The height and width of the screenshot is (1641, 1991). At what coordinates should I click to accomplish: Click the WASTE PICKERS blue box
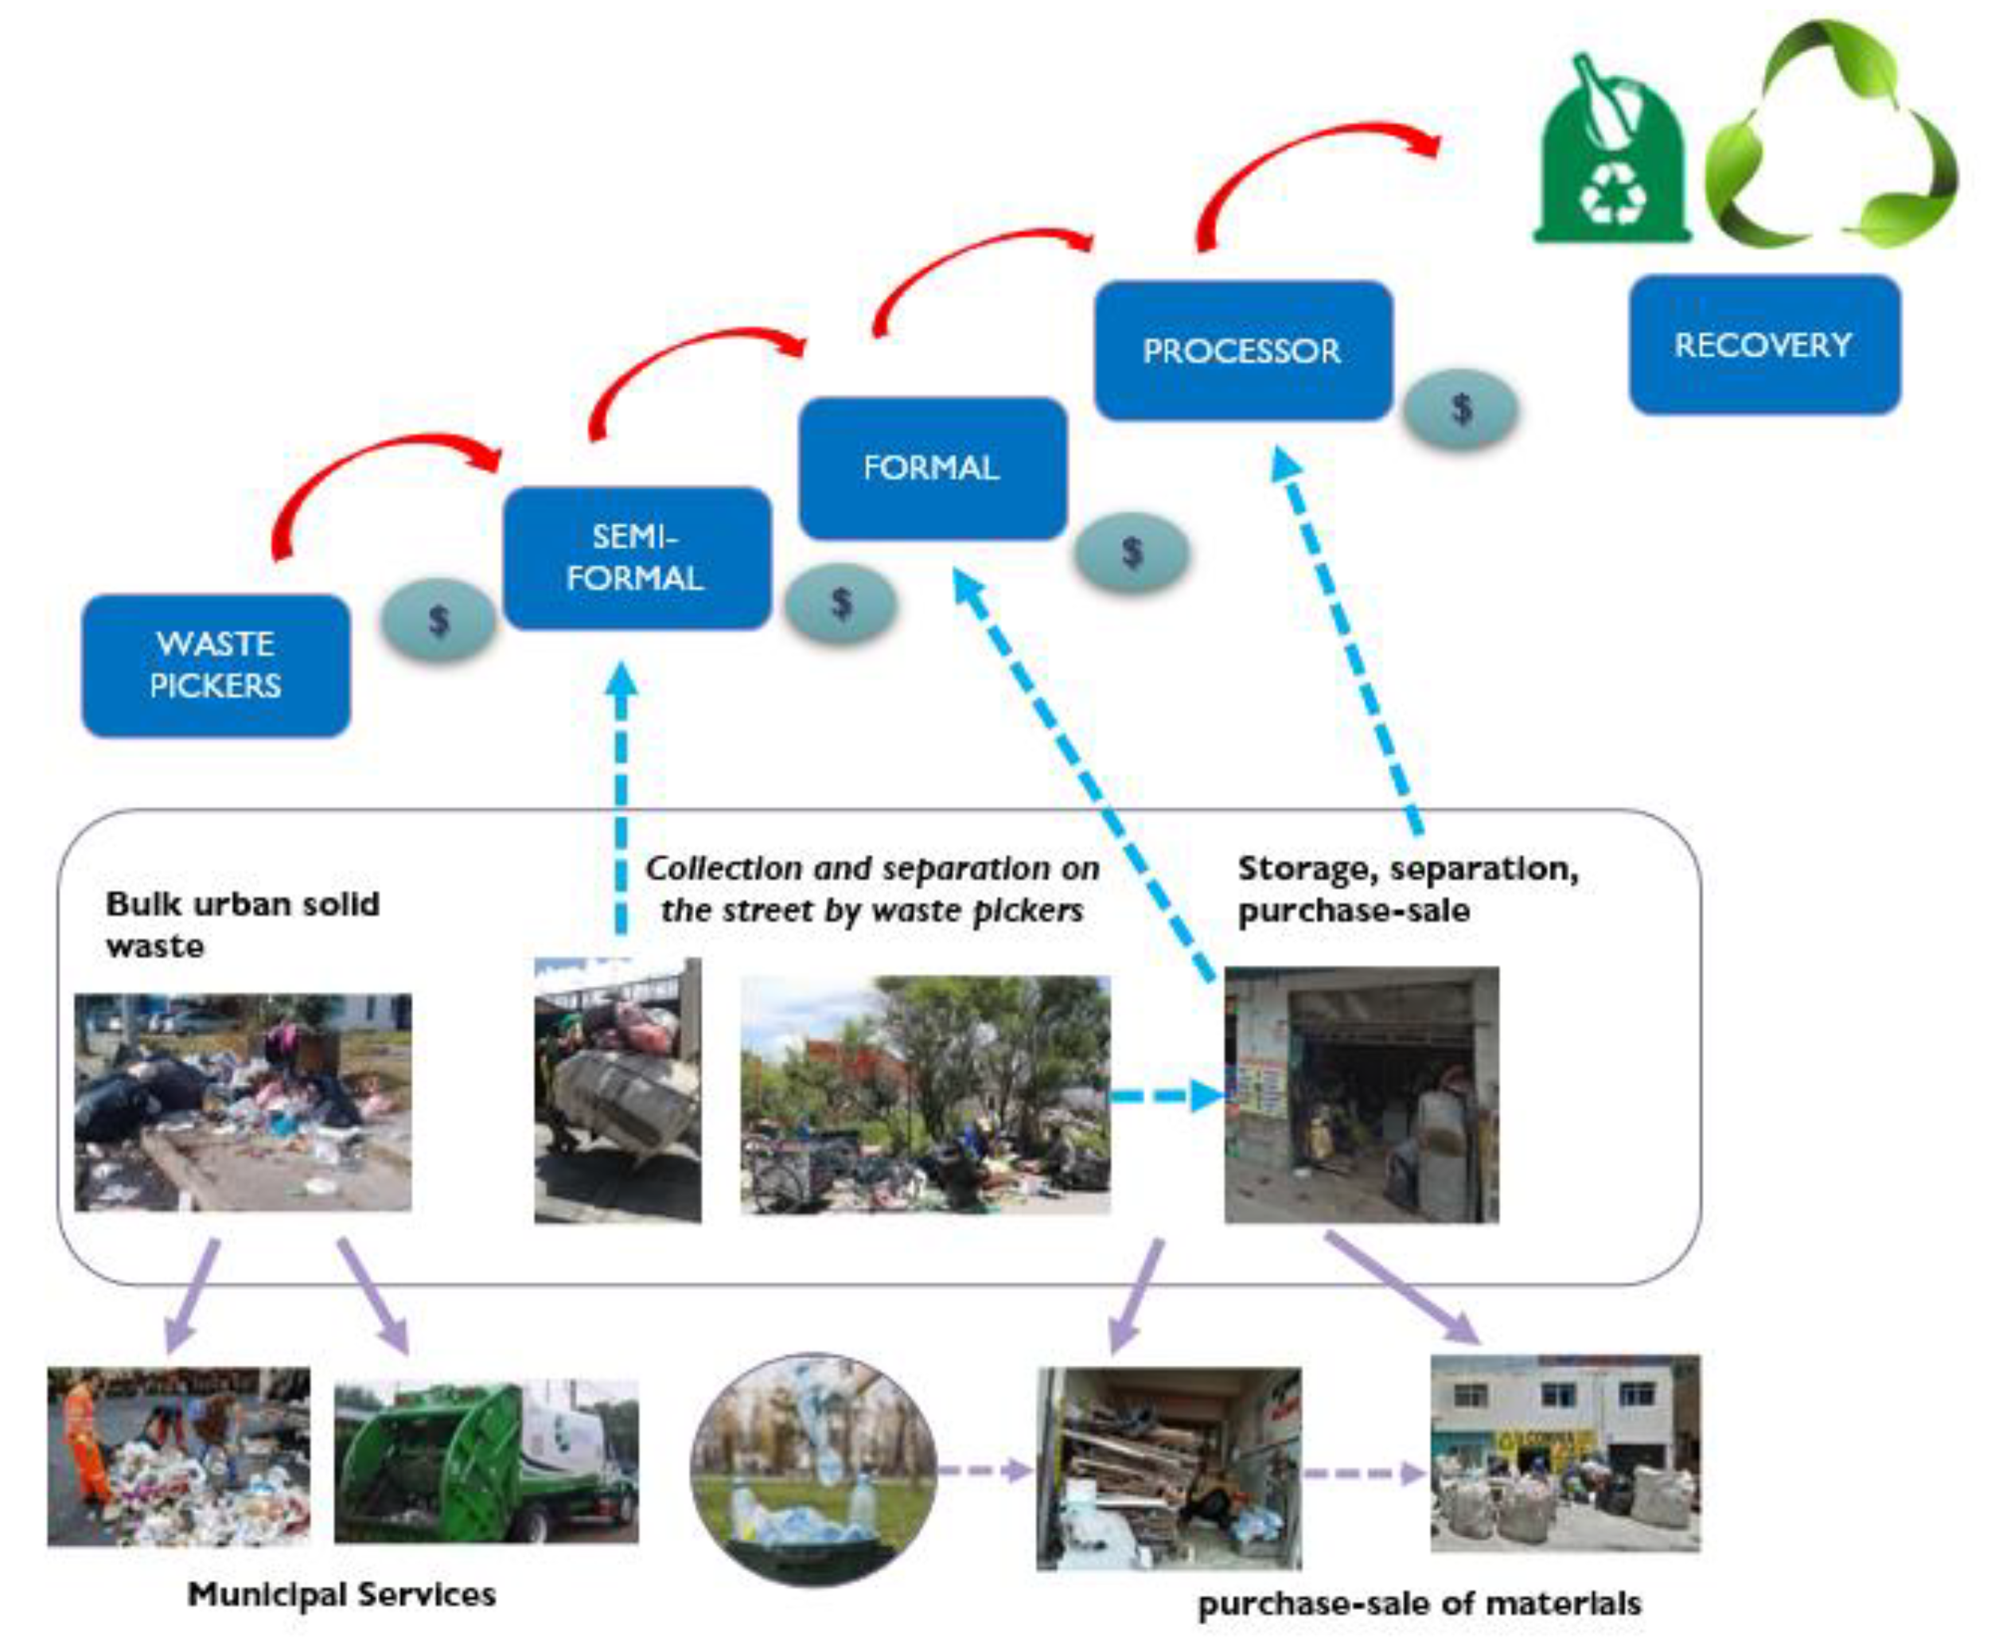(x=216, y=665)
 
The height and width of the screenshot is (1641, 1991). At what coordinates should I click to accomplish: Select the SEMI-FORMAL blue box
(x=636, y=558)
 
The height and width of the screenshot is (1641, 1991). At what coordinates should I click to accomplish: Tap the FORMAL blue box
(x=932, y=468)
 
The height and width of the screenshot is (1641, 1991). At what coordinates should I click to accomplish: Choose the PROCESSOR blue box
(x=1241, y=351)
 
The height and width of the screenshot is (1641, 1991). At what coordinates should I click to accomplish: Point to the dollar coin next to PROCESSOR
(x=1461, y=409)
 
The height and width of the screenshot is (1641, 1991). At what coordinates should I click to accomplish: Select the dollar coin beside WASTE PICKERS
(x=438, y=620)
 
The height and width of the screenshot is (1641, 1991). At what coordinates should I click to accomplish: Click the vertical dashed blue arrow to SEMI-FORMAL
(x=621, y=804)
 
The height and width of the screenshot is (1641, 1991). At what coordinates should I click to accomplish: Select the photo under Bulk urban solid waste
(x=243, y=1102)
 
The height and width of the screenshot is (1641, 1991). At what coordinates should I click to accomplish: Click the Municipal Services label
(x=341, y=1595)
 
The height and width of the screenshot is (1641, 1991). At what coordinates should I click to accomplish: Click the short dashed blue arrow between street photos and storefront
(x=1167, y=1097)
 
